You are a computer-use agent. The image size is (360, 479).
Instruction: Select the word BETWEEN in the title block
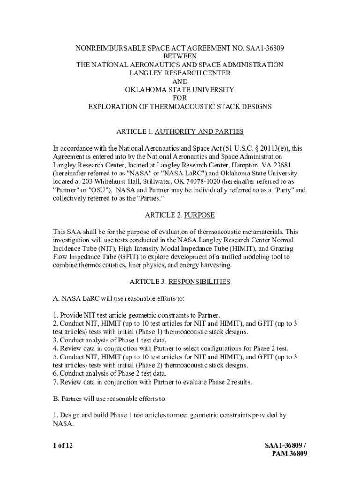click(x=180, y=56)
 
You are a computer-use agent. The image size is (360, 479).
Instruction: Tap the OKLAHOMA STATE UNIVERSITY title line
click(x=180, y=90)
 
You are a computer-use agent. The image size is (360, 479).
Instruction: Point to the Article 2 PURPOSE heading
click(x=199, y=215)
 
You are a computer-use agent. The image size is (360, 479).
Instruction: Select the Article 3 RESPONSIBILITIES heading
click(x=199, y=282)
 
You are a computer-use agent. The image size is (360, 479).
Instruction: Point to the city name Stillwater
click(x=158, y=182)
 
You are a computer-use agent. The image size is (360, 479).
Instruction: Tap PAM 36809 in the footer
click(x=286, y=453)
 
